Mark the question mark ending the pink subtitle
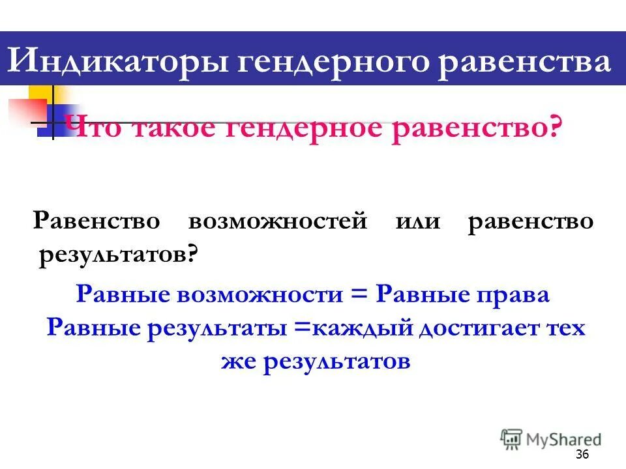click(554, 126)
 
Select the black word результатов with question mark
click(118, 256)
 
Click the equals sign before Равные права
click(359, 294)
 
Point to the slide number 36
click(582, 454)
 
